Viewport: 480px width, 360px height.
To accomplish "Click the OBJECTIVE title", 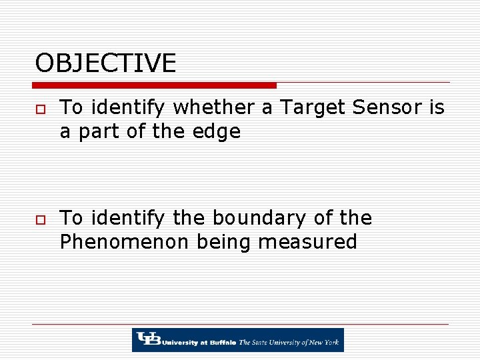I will (105, 63).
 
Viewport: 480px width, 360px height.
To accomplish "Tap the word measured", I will (307, 241).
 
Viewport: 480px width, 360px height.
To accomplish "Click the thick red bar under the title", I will (154, 85).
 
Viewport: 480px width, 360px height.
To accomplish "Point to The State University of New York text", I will (289, 343).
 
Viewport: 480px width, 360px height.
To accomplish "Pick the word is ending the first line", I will (437, 107).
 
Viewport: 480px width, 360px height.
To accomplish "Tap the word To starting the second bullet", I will (71, 218).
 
